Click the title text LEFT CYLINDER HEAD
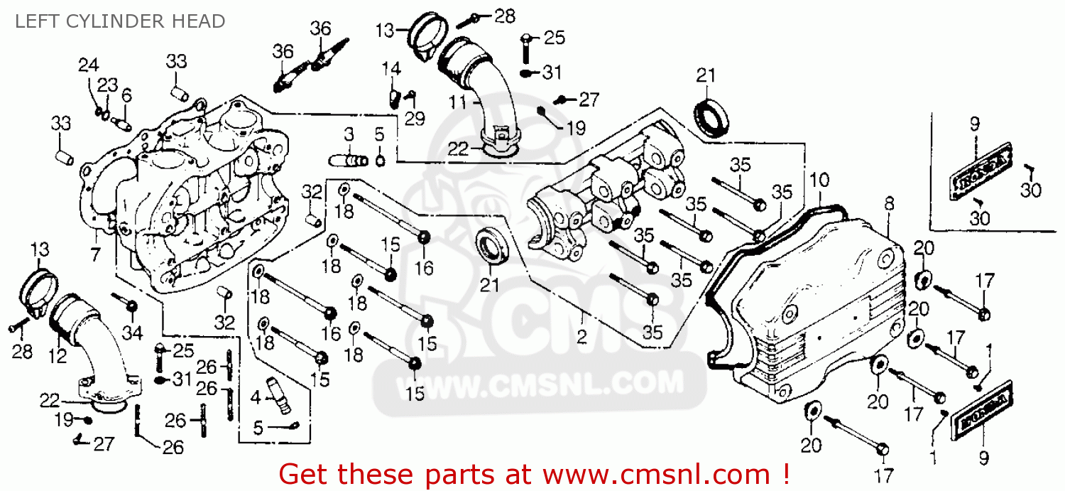(x=119, y=21)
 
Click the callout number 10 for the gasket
(x=819, y=181)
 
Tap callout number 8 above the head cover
(x=890, y=204)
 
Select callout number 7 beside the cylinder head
(x=94, y=254)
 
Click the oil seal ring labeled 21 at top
(x=712, y=117)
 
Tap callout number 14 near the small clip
(x=391, y=69)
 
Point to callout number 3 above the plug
(x=349, y=134)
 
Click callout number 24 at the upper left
(x=88, y=65)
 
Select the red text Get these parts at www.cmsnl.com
(x=534, y=473)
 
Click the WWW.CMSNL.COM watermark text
(x=540, y=384)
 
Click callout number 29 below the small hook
(x=415, y=119)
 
